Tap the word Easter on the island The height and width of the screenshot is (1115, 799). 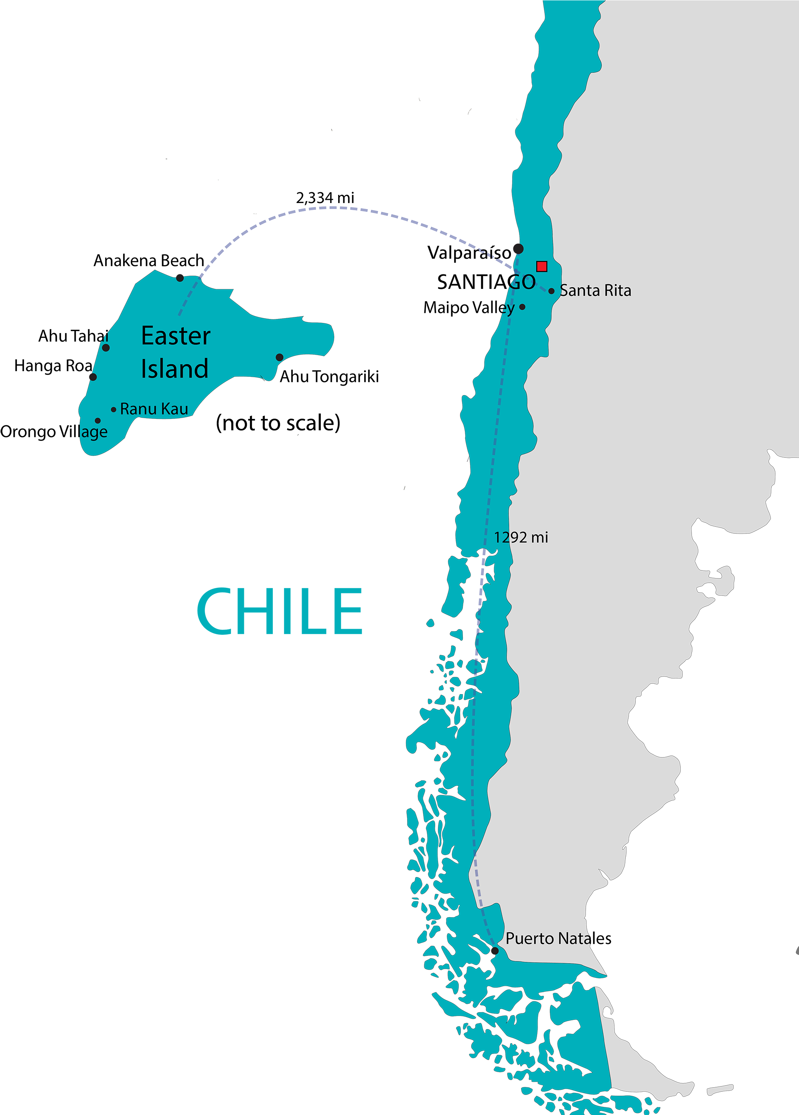175,336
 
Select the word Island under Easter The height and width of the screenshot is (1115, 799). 174,369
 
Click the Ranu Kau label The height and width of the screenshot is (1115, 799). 154,409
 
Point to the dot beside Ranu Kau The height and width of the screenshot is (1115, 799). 114,410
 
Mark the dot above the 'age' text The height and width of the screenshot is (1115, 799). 98,421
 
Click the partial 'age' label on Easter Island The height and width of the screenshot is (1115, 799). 94,433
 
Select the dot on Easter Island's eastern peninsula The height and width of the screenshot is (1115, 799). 279,357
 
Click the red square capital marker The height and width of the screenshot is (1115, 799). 541,266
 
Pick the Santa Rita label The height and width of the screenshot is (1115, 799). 596,291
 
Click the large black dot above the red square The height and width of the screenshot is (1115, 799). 518,249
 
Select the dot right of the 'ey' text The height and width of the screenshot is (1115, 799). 522,307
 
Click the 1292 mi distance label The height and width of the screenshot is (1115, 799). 521,538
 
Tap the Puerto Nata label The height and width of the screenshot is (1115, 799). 548,939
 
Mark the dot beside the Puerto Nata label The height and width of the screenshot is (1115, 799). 495,951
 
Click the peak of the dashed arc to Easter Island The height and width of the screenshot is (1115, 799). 332,208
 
